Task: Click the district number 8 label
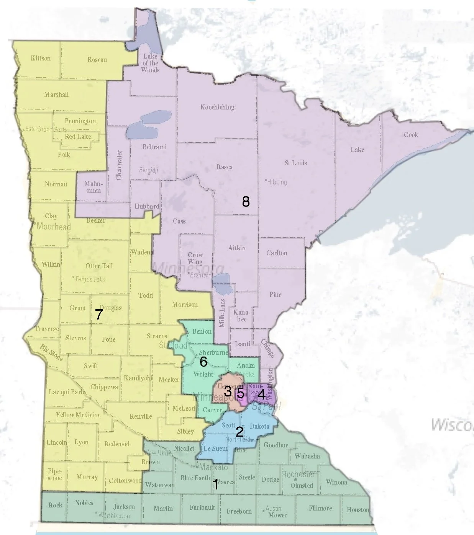pos(246,201)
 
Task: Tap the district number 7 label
pos(99,314)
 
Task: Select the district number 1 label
pos(215,485)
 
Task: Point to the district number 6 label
pos(203,361)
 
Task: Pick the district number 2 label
pos(239,432)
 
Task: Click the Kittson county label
pos(41,58)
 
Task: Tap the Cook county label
pos(411,135)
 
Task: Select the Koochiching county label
pos(217,107)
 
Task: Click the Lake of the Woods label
pos(150,63)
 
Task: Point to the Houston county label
pos(358,509)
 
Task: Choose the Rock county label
pos(55,505)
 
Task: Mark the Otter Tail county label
pos(99,266)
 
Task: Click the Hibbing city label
pos(277,182)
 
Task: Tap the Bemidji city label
pos(149,170)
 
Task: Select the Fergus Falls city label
pos(90,279)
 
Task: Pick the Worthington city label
pos(114,515)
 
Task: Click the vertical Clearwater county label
pos(119,165)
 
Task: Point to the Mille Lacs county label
pos(222,313)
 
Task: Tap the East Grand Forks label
pos(46,129)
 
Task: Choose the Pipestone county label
pos(55,475)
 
